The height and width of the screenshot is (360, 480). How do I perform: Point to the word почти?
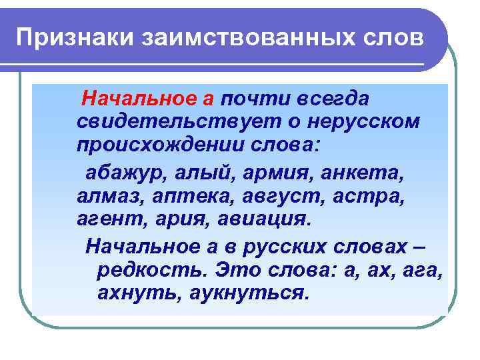click(x=254, y=99)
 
